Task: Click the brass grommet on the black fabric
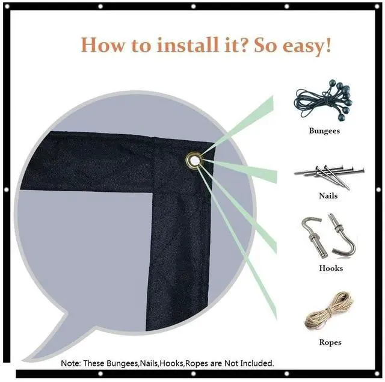[x=194, y=161]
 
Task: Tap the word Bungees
[x=324, y=131]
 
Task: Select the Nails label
[x=328, y=196]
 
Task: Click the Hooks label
[x=331, y=268]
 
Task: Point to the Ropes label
[x=330, y=342]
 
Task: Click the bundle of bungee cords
[x=323, y=100]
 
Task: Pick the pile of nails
[x=329, y=176]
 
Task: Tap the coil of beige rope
[x=328, y=310]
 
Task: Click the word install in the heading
[x=188, y=45]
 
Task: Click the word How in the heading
[x=103, y=45]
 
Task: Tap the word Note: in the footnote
[x=71, y=363]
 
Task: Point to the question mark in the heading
[x=244, y=44]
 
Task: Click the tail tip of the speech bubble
[x=23, y=360]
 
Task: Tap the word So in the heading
[x=265, y=45]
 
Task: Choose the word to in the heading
[x=141, y=46]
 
